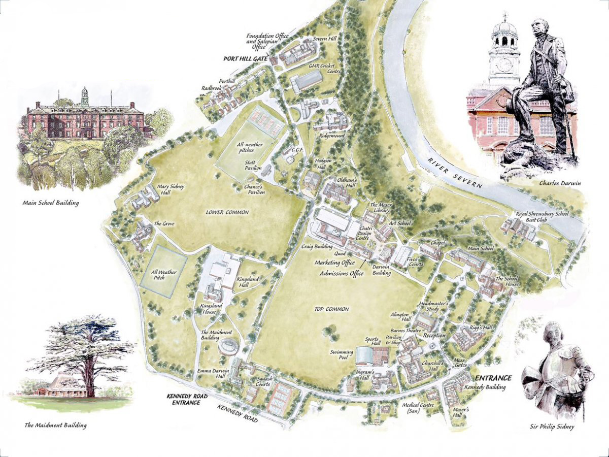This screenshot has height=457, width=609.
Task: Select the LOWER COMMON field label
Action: click(227, 212)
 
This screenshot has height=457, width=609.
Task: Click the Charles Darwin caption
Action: click(553, 183)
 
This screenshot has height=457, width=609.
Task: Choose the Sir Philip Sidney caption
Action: click(554, 427)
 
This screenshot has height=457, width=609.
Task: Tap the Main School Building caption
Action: click(51, 203)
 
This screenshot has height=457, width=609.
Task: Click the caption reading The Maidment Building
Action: click(55, 425)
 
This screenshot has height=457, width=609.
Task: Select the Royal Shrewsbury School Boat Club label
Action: click(543, 218)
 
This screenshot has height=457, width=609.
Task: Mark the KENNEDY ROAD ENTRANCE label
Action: click(183, 399)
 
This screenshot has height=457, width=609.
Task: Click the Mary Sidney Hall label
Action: click(171, 190)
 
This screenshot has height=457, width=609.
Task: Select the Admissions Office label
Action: click(342, 274)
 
